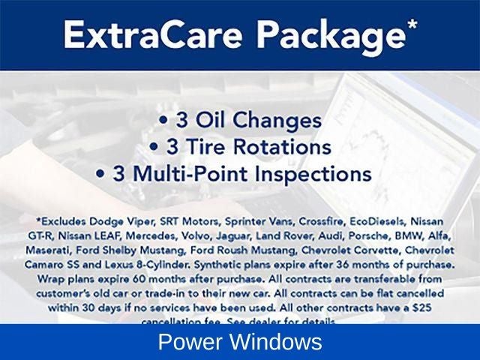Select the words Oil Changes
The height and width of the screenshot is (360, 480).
coord(259,121)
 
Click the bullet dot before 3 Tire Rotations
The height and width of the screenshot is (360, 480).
coord(154,148)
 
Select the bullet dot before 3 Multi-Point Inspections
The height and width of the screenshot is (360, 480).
coord(100,175)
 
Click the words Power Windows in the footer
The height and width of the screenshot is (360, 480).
coord(240,343)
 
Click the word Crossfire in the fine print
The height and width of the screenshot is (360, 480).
coord(310,222)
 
